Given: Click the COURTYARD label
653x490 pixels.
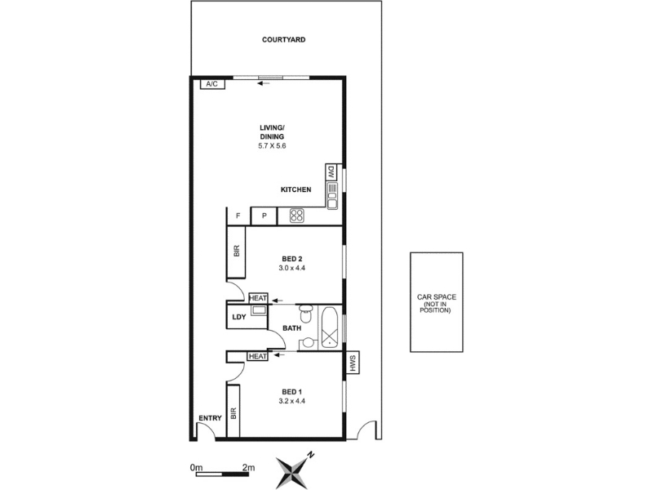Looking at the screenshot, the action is pyautogui.click(x=283, y=39).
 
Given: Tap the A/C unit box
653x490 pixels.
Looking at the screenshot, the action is pyautogui.click(x=212, y=84).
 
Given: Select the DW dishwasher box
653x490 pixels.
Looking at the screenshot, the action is pyautogui.click(x=331, y=172).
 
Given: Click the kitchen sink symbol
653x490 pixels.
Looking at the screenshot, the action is pyautogui.click(x=332, y=196).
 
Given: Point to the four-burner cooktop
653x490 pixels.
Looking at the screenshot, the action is pyautogui.click(x=297, y=216).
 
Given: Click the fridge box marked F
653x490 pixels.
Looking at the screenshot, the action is pyautogui.click(x=238, y=216).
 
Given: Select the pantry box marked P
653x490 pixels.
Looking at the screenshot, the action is pyautogui.click(x=264, y=216).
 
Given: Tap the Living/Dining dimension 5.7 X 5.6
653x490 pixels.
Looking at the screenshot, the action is pyautogui.click(x=272, y=146).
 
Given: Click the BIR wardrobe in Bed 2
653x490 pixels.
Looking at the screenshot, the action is pyautogui.click(x=236, y=252).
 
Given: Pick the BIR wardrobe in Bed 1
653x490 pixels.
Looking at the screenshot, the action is pyautogui.click(x=233, y=412).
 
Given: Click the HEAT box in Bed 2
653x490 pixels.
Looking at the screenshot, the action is pyautogui.click(x=258, y=298).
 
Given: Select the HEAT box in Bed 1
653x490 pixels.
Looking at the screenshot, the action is pyautogui.click(x=258, y=356).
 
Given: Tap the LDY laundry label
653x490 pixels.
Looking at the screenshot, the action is pyautogui.click(x=239, y=317).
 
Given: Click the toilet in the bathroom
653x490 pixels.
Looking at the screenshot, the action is pyautogui.click(x=305, y=314).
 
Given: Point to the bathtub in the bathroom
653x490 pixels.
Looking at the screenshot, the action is pyautogui.click(x=331, y=328).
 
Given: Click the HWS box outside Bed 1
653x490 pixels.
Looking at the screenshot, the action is pyautogui.click(x=353, y=363).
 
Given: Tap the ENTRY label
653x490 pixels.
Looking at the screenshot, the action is pyautogui.click(x=211, y=418).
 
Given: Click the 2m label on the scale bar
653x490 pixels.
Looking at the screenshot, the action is pyautogui.click(x=249, y=467).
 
